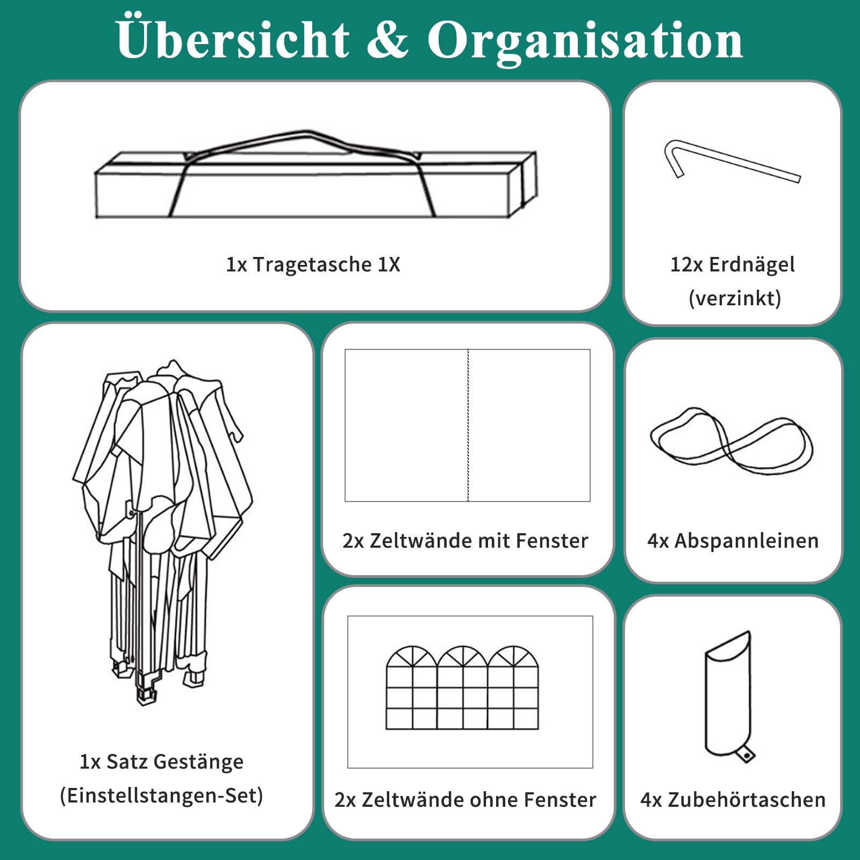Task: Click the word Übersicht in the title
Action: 233,38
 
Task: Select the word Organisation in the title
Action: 585,42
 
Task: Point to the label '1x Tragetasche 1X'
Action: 313,264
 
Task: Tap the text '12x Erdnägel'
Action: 733,264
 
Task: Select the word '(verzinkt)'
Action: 735,298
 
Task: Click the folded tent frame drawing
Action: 162,532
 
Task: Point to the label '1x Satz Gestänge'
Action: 161,762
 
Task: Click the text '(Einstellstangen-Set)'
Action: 161,795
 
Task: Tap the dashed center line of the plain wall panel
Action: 468,425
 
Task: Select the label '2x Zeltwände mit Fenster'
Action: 465,541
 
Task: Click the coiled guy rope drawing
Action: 732,441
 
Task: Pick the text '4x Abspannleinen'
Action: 733,541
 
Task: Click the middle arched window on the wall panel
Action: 462,687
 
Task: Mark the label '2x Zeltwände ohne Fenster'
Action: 465,800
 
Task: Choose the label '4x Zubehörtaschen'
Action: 733,800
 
